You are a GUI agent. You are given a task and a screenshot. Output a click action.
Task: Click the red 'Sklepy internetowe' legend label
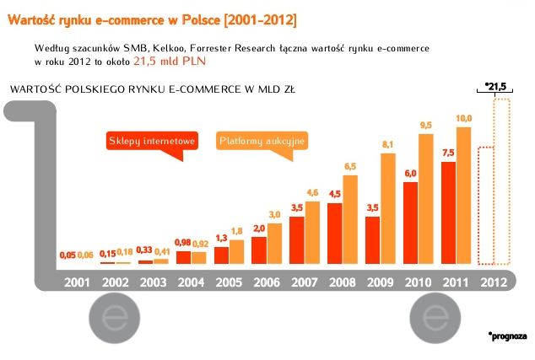point(151,141)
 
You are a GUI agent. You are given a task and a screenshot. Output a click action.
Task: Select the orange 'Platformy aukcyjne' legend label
point(262,141)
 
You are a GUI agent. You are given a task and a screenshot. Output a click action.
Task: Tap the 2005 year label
point(228,281)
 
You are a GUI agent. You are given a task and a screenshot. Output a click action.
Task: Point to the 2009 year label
point(381,281)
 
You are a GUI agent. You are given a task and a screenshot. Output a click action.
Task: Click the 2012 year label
point(494,281)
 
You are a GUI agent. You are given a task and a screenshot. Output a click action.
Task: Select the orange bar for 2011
point(464,195)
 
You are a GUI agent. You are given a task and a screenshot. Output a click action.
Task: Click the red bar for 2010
point(410,223)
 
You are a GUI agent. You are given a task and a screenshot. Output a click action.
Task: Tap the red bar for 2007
point(296,240)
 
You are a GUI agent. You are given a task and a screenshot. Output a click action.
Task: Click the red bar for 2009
point(372,240)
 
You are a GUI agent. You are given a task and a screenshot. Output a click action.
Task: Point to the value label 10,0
point(464,118)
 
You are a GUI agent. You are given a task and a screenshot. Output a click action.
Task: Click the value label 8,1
point(388,145)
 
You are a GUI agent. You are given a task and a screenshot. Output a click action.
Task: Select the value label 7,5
point(448,153)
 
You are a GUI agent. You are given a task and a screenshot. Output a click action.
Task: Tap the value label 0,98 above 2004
point(183,243)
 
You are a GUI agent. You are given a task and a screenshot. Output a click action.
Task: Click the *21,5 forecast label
point(496,86)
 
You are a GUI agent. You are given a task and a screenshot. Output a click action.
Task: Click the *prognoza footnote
point(506,336)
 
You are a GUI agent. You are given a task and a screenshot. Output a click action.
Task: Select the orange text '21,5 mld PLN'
point(170,61)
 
